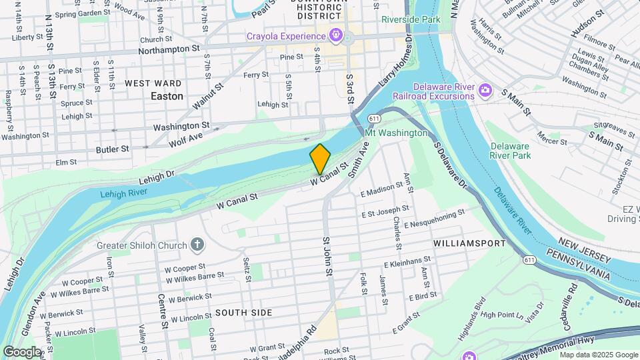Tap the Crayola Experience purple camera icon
click(x=337, y=35)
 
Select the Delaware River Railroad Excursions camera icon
click(x=485, y=89)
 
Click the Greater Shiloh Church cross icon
click(x=197, y=245)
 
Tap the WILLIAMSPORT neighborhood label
click(x=469, y=243)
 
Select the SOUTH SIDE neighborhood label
click(x=243, y=313)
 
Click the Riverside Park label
click(x=411, y=19)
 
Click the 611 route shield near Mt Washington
click(x=374, y=119)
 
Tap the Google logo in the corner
click(x=22, y=351)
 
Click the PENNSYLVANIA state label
click(x=578, y=265)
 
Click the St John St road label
click(x=327, y=257)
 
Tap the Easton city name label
click(x=167, y=96)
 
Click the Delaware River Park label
click(x=511, y=151)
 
